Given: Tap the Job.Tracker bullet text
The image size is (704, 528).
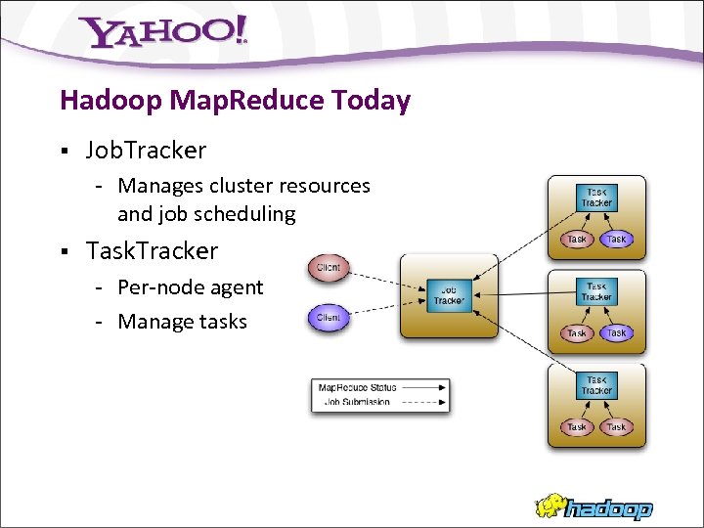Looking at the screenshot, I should [146, 151].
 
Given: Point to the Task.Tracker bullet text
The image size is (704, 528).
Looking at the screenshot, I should [152, 251].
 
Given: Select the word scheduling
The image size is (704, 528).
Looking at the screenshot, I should [246, 213].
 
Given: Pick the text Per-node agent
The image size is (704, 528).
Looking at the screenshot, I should [190, 287].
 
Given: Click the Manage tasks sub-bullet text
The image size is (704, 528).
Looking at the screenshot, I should [182, 322].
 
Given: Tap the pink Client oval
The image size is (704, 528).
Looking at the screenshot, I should [329, 267].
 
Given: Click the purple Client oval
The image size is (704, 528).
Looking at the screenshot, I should [329, 317].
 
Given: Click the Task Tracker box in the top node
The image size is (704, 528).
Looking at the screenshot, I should [596, 198].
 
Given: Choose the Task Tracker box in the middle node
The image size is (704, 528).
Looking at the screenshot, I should [596, 291].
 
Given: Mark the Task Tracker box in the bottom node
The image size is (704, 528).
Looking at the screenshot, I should [596, 385].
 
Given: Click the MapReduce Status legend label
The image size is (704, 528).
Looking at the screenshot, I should [357, 388].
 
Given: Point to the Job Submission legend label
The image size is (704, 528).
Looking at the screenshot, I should [357, 401].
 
